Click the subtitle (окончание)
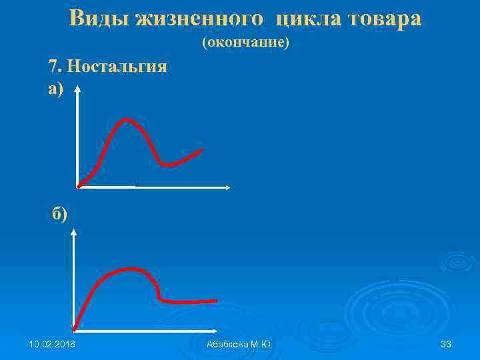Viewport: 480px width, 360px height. [245, 43]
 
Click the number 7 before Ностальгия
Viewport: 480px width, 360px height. [53, 67]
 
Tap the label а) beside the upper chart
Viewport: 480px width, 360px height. [56, 89]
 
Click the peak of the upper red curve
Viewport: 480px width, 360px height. [126, 120]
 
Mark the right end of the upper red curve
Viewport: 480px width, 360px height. [201, 151]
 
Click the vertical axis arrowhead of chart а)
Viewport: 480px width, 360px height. [78, 89]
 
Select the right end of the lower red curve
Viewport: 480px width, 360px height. [216, 301]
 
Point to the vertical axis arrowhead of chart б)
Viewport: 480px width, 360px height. [74, 233]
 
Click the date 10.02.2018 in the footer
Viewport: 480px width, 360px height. [52, 344]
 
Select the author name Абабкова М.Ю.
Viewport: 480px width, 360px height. [239, 344]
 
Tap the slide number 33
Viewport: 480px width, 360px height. [446, 344]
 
